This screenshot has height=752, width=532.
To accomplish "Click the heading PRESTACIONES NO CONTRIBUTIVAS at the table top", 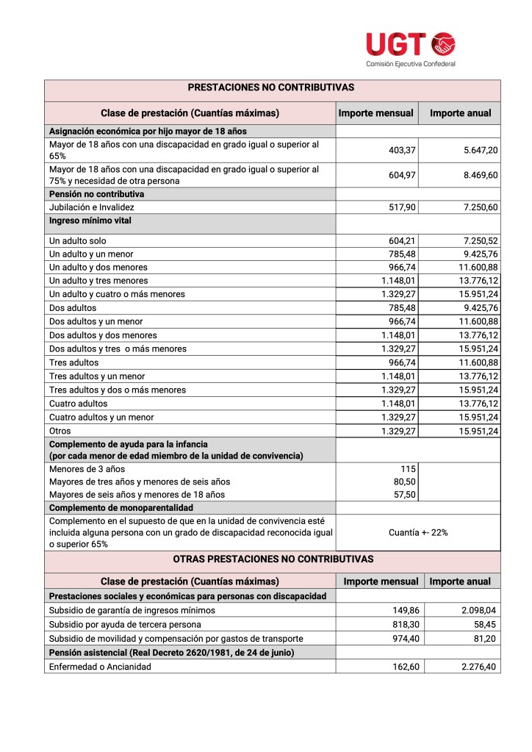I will pos(271,87).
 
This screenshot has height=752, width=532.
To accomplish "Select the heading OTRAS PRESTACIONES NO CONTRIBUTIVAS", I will pos(273,559).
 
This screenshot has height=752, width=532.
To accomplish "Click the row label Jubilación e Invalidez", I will pos(92,207).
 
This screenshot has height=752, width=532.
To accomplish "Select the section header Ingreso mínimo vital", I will pos(90,221).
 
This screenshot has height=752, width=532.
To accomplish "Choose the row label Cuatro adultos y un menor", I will pos(101,418).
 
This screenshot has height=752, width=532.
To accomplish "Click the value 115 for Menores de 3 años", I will pos(409,469).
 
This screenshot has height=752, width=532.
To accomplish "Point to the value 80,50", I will pos(405,482).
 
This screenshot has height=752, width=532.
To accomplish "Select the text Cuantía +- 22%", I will pos(418,532).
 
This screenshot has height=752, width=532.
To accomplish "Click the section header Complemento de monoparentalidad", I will pos(121,508).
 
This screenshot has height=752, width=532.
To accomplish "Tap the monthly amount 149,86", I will pos(402,610).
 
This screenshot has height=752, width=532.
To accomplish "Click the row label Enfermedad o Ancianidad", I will pos(100,666).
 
